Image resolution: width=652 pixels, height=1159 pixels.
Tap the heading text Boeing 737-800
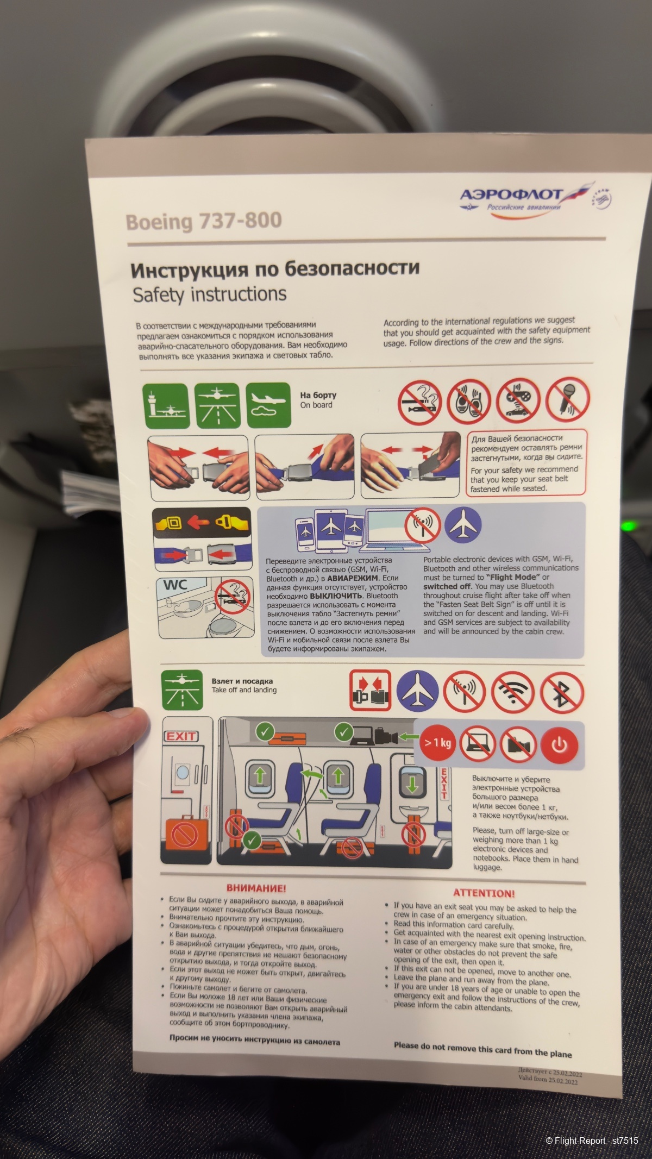point(204,221)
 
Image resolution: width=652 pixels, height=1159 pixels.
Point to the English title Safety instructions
point(210,294)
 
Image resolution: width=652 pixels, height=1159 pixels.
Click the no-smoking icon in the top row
point(419,402)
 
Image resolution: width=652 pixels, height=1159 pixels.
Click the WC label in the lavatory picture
point(175,586)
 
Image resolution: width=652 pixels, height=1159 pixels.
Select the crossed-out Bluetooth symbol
point(562,692)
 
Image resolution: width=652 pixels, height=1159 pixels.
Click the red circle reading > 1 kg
point(438,742)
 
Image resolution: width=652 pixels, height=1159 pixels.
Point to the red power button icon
point(559,745)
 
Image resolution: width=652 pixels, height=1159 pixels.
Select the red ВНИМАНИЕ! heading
point(256,888)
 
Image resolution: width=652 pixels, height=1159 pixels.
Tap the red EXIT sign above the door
point(181,736)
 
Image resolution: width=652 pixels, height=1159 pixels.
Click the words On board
point(316,405)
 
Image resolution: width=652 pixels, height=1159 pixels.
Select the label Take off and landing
point(244,690)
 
